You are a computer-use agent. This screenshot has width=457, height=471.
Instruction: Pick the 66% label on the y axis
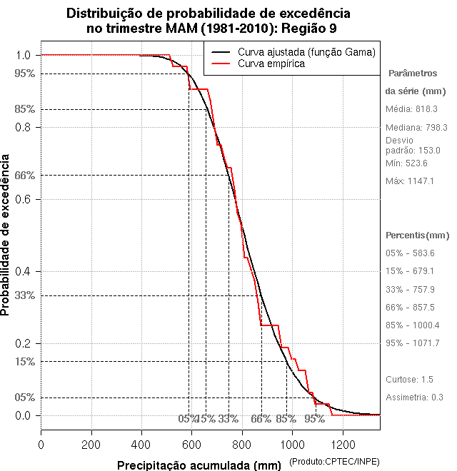tap(24, 175)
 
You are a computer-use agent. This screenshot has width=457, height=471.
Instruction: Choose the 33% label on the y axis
tap(24, 295)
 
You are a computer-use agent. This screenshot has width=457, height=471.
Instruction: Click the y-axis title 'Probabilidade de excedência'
tap(6, 235)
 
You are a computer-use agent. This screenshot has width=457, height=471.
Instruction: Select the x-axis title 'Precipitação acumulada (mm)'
tap(200, 465)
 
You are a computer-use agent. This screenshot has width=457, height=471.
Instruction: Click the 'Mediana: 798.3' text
tap(416, 128)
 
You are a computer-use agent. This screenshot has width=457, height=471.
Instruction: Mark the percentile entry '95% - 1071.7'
tap(412, 343)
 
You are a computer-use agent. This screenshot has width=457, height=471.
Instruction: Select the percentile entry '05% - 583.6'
tap(410, 253)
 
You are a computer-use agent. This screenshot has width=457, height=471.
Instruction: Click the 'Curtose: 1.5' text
tap(409, 379)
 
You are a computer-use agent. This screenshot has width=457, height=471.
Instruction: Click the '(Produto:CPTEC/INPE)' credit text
tap(334, 462)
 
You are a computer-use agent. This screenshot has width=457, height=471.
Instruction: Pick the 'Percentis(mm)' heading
tap(418, 235)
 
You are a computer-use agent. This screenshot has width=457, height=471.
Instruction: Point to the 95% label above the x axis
tap(314, 419)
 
